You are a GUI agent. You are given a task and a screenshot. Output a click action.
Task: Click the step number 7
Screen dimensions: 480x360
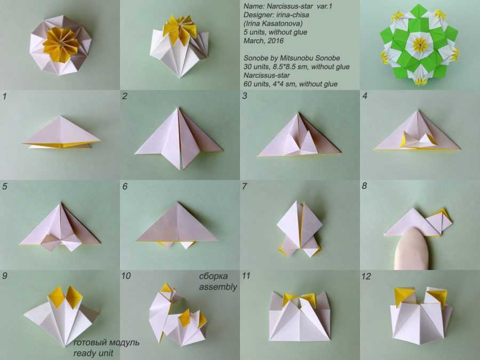pyautogui.click(x=244, y=186)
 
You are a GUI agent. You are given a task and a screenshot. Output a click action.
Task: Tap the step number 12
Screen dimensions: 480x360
pyautogui.click(x=366, y=276)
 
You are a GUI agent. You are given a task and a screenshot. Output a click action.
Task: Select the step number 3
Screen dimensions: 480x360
pyautogui.click(x=245, y=96)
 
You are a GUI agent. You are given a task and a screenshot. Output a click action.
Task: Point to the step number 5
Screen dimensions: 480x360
pyautogui.click(x=5, y=186)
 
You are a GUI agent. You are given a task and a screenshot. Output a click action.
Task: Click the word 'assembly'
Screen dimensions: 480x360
pyautogui.click(x=218, y=287)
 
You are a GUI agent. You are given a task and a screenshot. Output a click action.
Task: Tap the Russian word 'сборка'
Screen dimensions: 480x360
pyautogui.click(x=213, y=276)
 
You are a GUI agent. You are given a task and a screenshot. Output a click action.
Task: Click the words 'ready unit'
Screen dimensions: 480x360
pyautogui.click(x=93, y=353)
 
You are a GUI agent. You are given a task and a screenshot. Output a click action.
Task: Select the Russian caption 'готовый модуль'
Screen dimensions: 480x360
pyautogui.click(x=106, y=342)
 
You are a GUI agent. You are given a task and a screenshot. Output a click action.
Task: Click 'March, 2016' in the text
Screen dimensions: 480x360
pyautogui.click(x=263, y=41)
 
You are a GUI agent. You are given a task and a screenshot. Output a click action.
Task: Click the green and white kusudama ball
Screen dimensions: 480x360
pyautogui.click(x=419, y=45)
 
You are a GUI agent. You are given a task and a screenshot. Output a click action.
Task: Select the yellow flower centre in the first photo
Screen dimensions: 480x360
pyautogui.click(x=61, y=44)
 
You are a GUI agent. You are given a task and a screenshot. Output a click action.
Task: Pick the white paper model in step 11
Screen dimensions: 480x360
pyautogui.click(x=300, y=316)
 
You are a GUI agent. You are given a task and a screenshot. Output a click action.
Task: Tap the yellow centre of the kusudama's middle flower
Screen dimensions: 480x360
pyautogui.click(x=421, y=45)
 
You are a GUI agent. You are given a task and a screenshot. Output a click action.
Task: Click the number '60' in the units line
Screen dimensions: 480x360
pyautogui.click(x=248, y=84)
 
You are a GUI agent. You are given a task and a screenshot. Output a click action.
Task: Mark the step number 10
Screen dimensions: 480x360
pyautogui.click(x=126, y=276)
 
